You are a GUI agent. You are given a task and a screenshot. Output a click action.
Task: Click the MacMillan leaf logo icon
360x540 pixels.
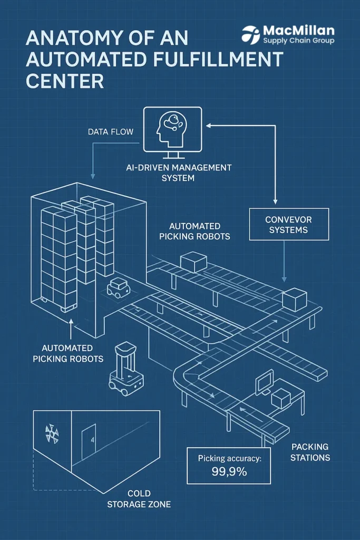point(251,34)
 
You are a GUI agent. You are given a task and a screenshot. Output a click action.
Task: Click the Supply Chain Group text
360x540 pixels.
point(298,41)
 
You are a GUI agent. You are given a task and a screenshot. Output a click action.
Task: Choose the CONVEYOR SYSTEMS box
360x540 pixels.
point(288,224)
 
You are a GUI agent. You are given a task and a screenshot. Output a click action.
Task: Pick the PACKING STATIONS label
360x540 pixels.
point(310,452)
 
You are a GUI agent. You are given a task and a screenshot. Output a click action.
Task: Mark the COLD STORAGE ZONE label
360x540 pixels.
point(139,499)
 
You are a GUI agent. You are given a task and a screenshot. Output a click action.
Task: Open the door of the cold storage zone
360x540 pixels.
point(89,438)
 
